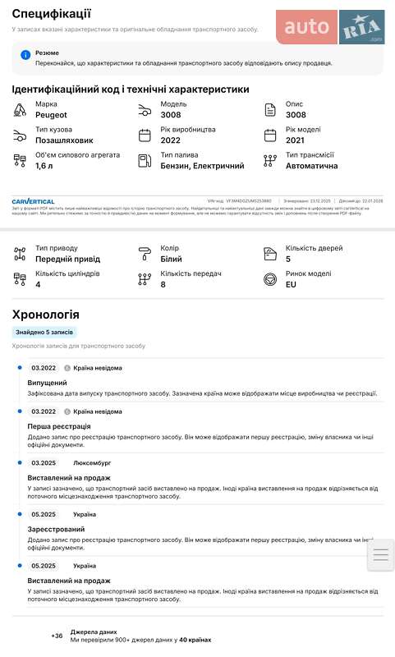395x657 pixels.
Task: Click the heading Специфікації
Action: point(52,14)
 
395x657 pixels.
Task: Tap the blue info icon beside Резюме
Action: point(25,55)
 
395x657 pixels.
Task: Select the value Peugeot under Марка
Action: point(51,115)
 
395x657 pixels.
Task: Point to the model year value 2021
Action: point(296,140)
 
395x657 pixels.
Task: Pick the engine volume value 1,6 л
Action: point(44,166)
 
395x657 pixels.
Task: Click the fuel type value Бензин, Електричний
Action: point(202,166)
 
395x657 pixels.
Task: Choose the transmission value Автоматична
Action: point(311,166)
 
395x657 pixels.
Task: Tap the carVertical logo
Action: point(34,200)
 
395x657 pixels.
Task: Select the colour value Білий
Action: point(170,259)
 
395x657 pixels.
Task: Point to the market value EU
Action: point(292,284)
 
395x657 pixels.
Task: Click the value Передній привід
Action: point(68,259)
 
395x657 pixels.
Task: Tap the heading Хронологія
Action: point(45,315)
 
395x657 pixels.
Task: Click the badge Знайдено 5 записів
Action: point(45,333)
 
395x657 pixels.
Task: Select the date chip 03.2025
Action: point(44,463)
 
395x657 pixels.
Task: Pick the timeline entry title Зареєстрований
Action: point(56,529)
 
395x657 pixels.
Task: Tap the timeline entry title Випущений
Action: point(48,384)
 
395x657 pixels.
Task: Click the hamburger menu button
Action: point(380,555)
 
